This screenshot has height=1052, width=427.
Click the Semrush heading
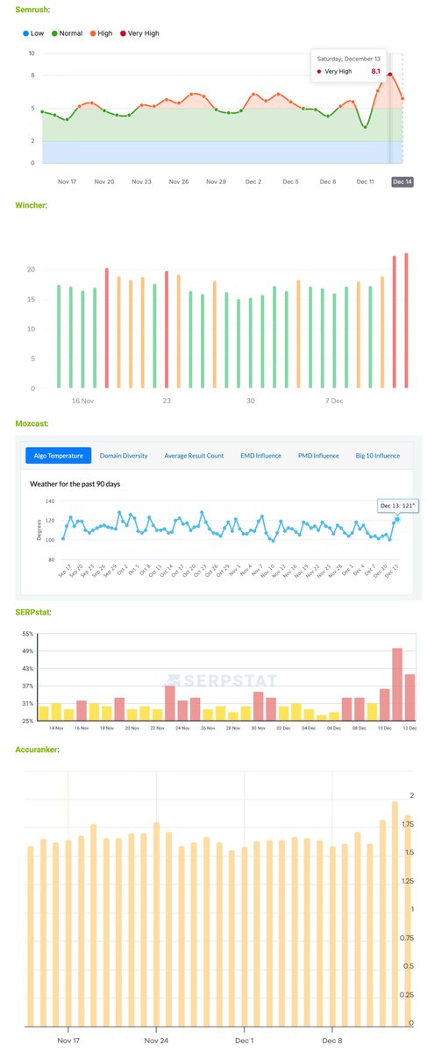pyautogui.click(x=32, y=9)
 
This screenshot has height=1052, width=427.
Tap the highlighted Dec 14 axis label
pyautogui.click(x=402, y=181)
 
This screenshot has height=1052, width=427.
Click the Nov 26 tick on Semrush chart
pyautogui.click(x=179, y=181)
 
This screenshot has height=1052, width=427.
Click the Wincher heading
pyautogui.click(x=32, y=205)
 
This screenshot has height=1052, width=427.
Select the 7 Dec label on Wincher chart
pyautogui.click(x=333, y=401)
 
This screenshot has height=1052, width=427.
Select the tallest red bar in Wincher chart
pyautogui.click(x=406, y=321)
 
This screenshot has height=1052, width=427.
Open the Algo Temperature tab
pyautogui.click(x=60, y=456)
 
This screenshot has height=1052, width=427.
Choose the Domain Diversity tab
pyautogui.click(x=124, y=456)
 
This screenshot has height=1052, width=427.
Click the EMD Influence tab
pyautogui.click(x=260, y=456)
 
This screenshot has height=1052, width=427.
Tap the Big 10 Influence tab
pyautogui.click(x=377, y=456)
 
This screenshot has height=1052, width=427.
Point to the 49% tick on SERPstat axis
pyautogui.click(x=27, y=651)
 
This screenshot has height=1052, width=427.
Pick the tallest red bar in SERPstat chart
pyautogui.click(x=397, y=684)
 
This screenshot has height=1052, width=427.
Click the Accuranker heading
pyautogui.click(x=38, y=750)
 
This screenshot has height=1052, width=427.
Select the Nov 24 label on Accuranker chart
pyautogui.click(x=156, y=1042)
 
